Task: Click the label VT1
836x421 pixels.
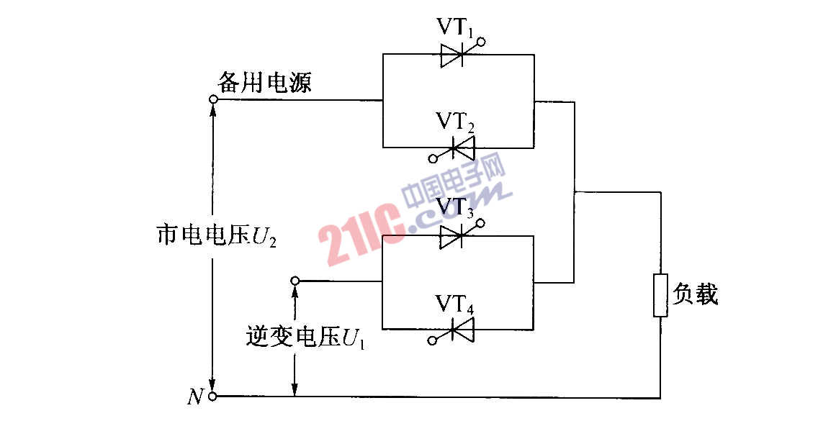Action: point(455,27)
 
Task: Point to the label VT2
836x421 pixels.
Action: point(455,122)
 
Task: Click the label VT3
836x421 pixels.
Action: point(455,209)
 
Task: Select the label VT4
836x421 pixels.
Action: point(455,304)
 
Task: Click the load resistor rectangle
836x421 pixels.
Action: point(660,295)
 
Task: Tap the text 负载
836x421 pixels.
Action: point(695,294)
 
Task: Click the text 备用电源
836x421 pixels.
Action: point(264,83)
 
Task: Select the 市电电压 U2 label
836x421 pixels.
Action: point(217,235)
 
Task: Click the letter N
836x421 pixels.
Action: point(196,397)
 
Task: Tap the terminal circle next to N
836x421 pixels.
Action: point(212,397)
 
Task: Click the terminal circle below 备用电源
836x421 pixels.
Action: point(212,99)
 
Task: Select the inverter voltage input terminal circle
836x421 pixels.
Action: point(295,281)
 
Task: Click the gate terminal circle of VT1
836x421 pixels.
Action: point(482,41)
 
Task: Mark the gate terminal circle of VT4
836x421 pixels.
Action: point(433,340)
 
